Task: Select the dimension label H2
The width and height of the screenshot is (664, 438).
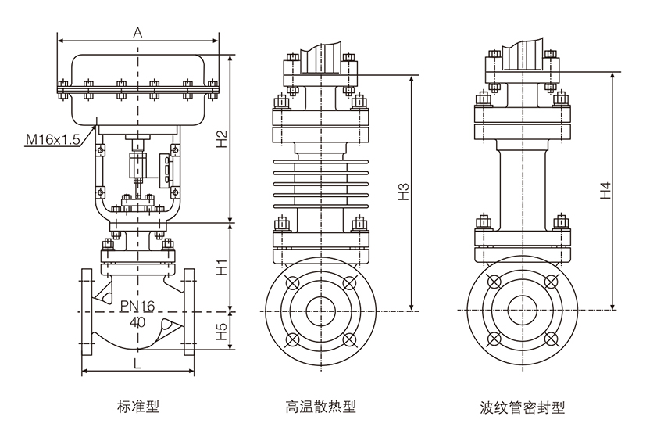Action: (x=222, y=138)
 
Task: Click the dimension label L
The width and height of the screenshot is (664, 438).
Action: (x=137, y=363)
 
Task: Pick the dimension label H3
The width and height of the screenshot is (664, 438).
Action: (x=403, y=192)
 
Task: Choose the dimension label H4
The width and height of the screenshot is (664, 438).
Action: (x=605, y=191)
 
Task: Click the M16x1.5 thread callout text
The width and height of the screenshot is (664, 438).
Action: (x=53, y=139)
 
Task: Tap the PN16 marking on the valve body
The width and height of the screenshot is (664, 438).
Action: (x=137, y=306)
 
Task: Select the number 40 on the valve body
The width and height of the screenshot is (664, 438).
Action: (x=137, y=321)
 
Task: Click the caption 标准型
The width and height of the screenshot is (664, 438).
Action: (x=137, y=407)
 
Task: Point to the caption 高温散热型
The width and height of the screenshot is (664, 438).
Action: (x=320, y=407)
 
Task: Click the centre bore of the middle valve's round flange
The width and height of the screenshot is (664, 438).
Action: (x=320, y=311)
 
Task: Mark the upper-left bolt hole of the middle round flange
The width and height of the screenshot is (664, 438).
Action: (x=293, y=283)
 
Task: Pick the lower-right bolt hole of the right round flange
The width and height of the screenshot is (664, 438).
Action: (x=551, y=339)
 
